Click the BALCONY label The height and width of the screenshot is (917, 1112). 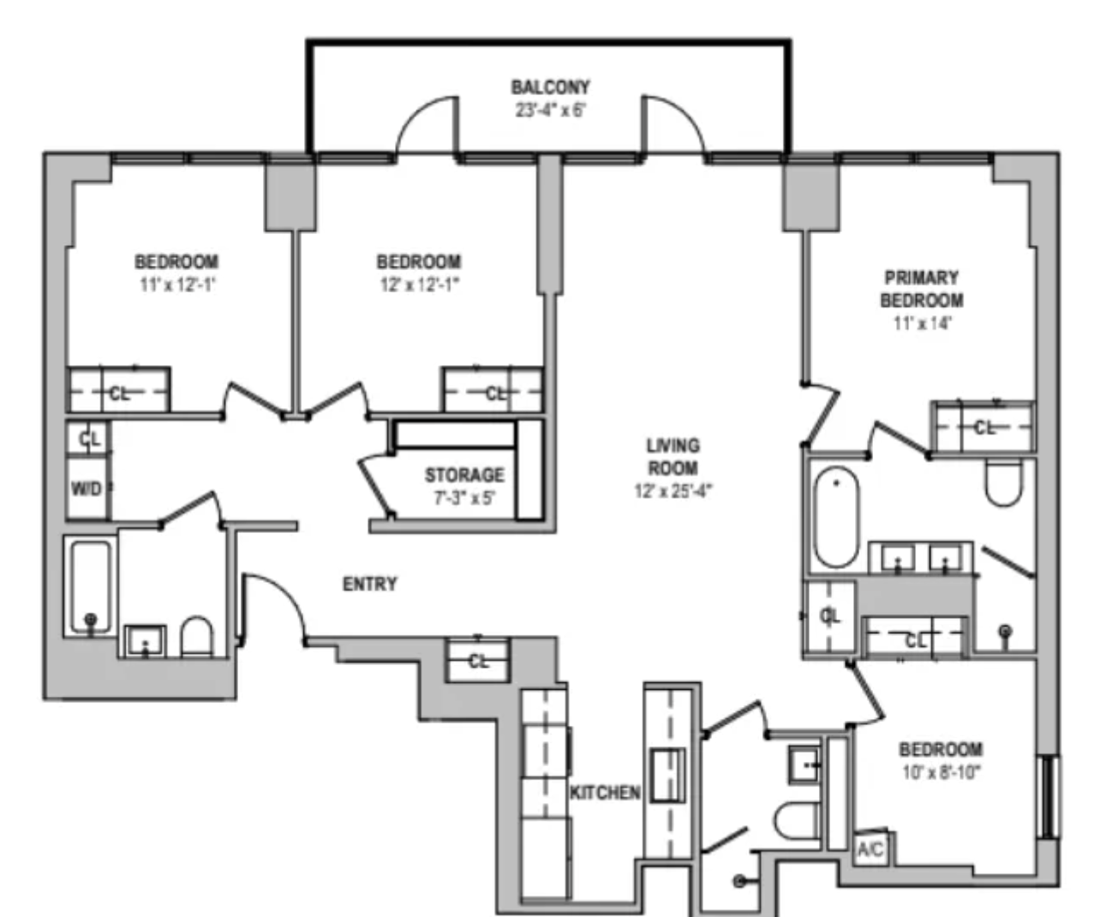pos(550,87)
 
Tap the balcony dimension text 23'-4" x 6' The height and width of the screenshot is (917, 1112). pos(550,111)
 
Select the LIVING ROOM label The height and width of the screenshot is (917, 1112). pos(673,457)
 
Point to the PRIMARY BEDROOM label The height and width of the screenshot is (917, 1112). pos(922,289)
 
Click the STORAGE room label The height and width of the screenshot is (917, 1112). pos(464,475)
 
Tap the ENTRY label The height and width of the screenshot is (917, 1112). pos(369,584)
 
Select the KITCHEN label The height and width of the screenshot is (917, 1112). pos(605,793)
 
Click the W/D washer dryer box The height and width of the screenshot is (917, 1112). pos(87,488)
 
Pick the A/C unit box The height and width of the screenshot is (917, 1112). pos(871,849)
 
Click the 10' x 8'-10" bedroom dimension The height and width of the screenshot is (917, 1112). pos(941,772)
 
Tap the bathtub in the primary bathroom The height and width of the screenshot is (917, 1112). pos(836,517)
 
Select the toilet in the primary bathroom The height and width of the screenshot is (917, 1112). pos(1003,484)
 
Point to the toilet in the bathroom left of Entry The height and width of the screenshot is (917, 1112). pos(196,637)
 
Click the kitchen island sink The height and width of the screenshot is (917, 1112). pos(667,775)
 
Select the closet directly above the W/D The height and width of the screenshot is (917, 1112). pos(88,439)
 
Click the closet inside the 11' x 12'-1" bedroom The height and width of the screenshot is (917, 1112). pos(118,392)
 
